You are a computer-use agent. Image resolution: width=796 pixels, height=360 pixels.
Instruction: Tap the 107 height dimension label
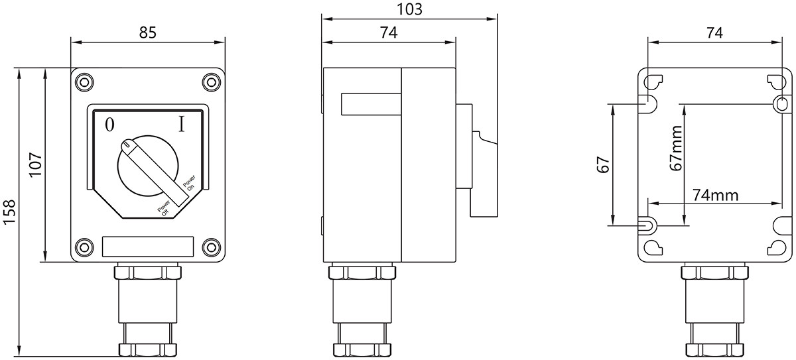pyautogui.click(x=36, y=164)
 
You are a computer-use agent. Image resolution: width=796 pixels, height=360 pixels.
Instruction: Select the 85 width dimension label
pyautogui.click(x=148, y=32)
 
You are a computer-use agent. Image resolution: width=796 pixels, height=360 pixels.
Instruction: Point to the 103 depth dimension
pyautogui.click(x=410, y=9)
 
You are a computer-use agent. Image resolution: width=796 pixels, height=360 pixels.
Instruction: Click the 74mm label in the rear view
pyautogui.click(x=715, y=195)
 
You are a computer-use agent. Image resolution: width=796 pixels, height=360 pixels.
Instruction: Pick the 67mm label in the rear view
pyautogui.click(x=677, y=149)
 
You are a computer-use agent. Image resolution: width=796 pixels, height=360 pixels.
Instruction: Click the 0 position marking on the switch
pyautogui.click(x=110, y=125)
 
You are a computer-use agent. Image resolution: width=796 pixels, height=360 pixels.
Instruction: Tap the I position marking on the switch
pyautogui.click(x=182, y=124)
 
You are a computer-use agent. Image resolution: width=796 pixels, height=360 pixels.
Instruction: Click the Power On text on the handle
pyautogui.click(x=189, y=183)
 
